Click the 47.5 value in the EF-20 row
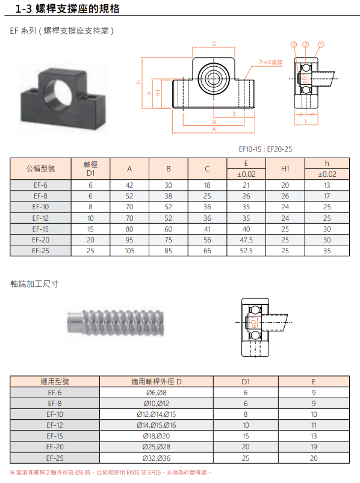[x=246, y=240]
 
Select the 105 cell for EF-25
[x=129, y=251]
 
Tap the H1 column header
[x=285, y=169]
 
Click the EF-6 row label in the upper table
[x=40, y=185]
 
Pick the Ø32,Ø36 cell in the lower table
[x=157, y=458]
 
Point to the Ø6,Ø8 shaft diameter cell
[x=157, y=393]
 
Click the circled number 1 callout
[x=321, y=45]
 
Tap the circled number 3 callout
[x=293, y=45]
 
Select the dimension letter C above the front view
[x=214, y=44]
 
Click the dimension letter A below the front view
[x=214, y=129]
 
